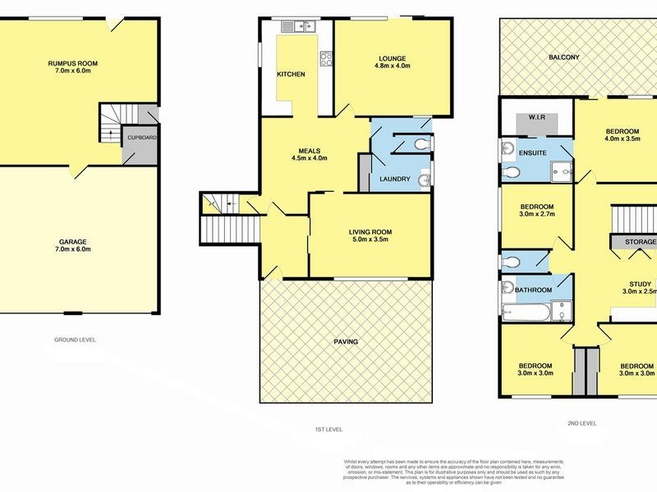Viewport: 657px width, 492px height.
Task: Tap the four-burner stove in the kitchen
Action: pos(326,58)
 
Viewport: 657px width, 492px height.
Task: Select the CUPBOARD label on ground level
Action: pos(141,138)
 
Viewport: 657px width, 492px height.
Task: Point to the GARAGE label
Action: pos(72,242)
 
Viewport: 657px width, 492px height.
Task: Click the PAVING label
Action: pos(346,341)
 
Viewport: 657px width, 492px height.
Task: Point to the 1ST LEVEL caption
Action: pos(328,429)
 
